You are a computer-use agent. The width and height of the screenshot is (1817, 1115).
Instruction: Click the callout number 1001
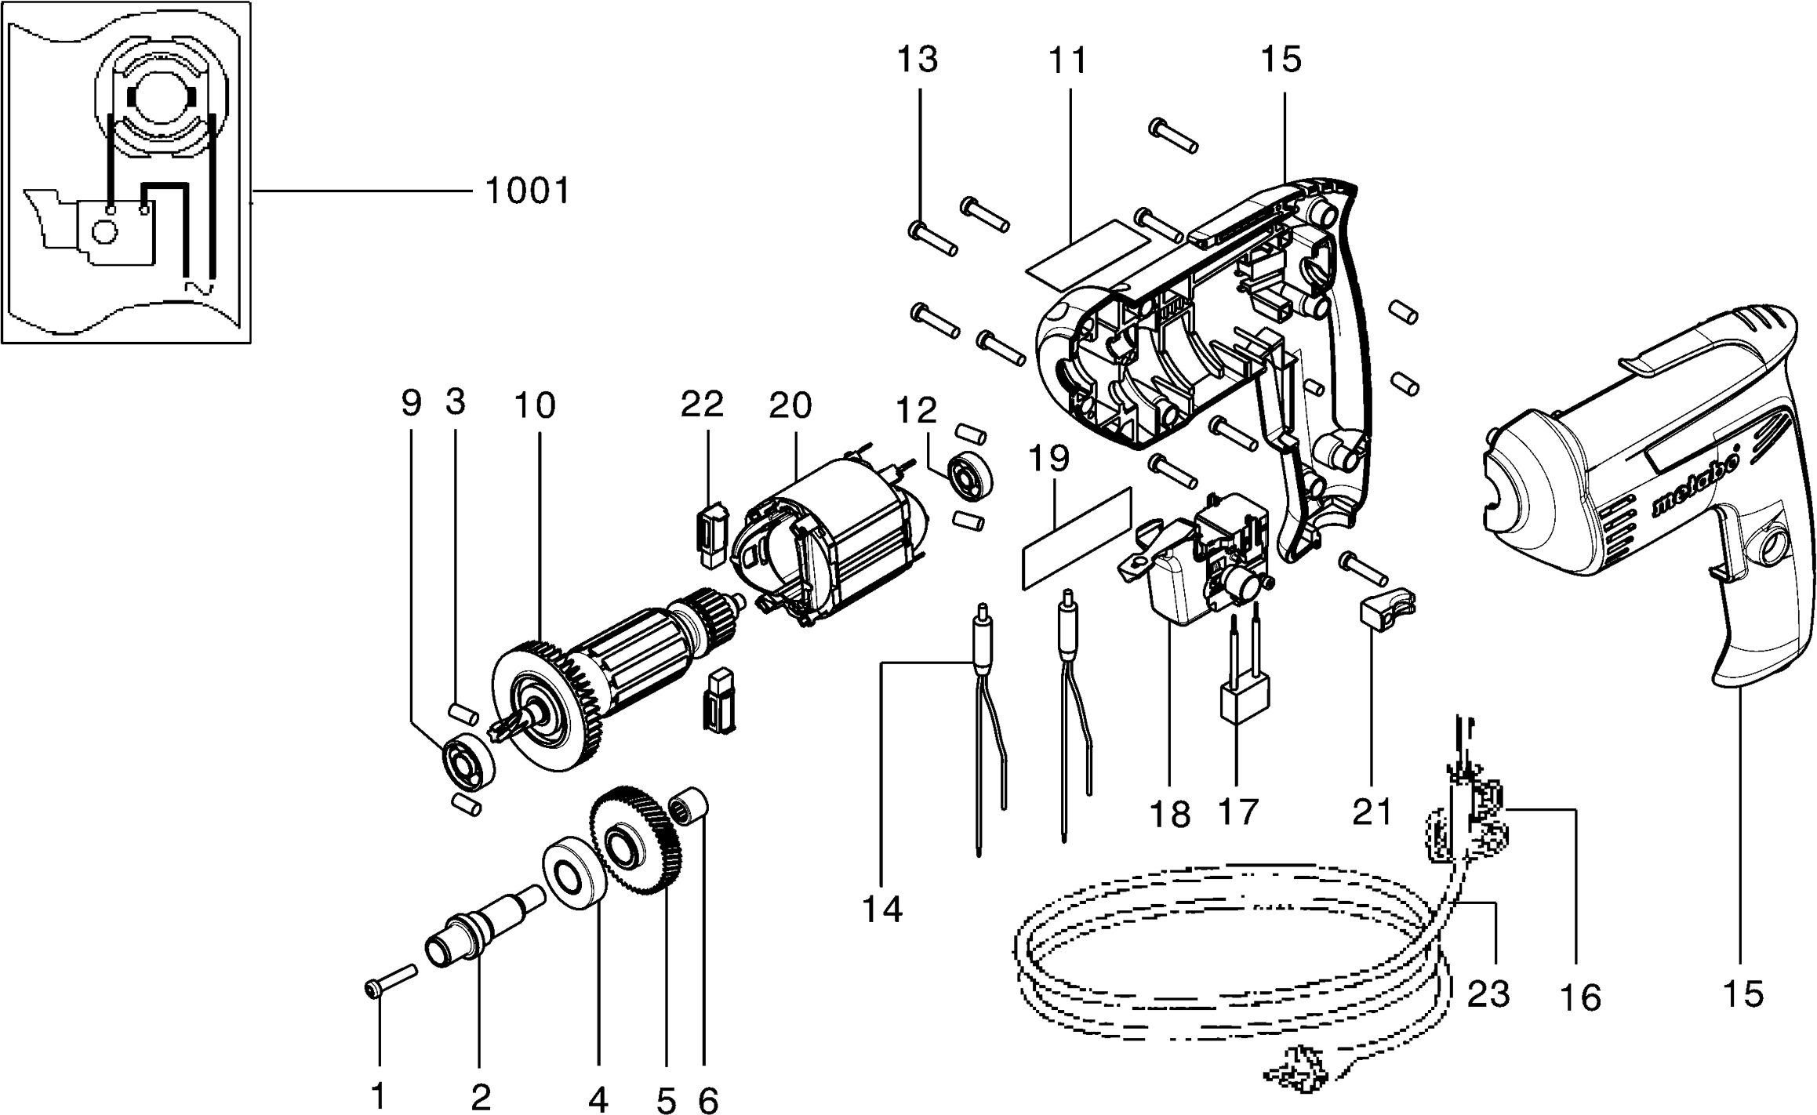[527, 191]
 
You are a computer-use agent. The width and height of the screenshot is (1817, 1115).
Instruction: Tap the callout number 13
[918, 60]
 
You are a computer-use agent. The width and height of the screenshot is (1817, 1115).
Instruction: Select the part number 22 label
[702, 405]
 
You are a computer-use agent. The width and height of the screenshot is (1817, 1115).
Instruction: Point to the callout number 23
[1488, 994]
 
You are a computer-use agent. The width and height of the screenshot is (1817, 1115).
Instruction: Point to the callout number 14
[882, 909]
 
